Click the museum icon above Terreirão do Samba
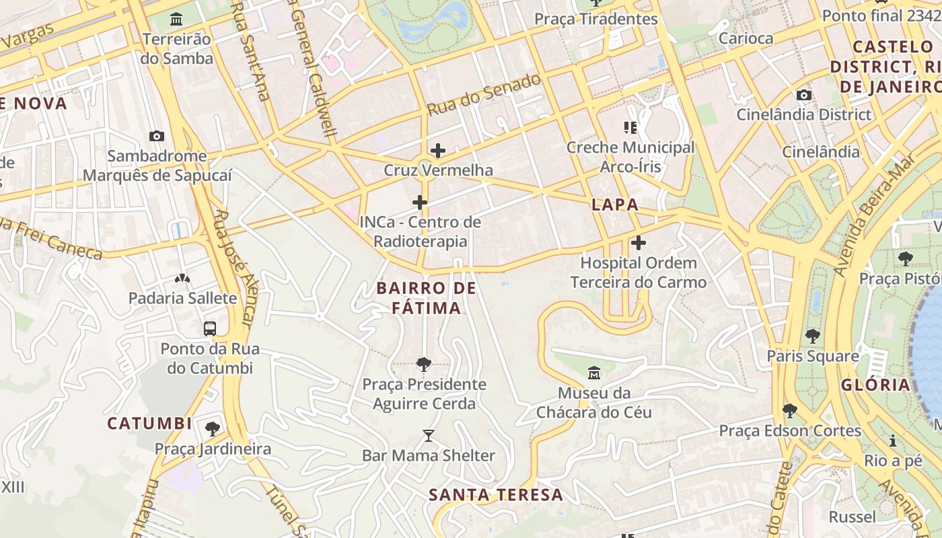coord(176,18)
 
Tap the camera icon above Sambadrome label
coord(157,136)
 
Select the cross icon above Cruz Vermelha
coord(438,150)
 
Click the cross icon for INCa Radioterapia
coord(420,202)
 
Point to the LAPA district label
coord(615,205)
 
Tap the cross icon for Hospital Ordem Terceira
coord(639,242)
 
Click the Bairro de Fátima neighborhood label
coord(426,298)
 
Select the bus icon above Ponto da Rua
coord(210,328)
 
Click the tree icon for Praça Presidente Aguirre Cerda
coord(424,364)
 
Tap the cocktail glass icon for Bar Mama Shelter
coord(429,436)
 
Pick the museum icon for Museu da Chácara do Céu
coord(594,373)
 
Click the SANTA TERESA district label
coord(496,495)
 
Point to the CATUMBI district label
coord(150,424)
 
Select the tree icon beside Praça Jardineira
coord(213,428)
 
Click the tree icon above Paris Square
coord(813,336)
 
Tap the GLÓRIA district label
coord(875,385)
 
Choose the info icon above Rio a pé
coord(893,441)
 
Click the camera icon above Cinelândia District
coord(803,95)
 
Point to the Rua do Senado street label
coord(484,94)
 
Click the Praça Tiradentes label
coord(595,19)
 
